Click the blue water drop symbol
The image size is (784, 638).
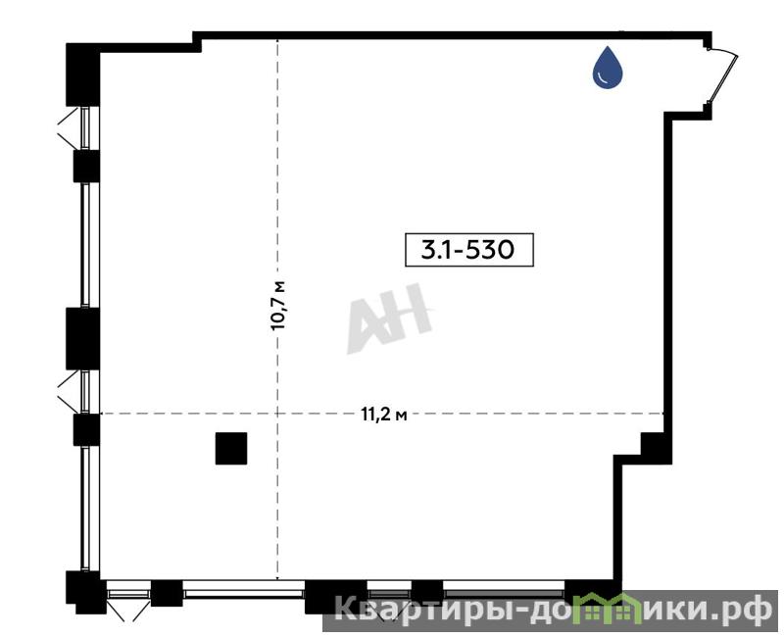(608, 68)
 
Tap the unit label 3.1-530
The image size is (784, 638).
(469, 249)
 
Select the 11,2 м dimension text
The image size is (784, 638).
(383, 415)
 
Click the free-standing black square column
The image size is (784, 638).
(231, 449)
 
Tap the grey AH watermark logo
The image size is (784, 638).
(389, 319)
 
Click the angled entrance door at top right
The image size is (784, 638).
(722, 74)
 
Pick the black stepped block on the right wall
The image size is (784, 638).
(656, 449)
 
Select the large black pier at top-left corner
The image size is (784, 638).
(83, 74)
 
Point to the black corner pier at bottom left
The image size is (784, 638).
(85, 593)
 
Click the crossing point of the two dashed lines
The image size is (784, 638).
(277, 414)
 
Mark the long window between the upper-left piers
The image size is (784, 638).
(85, 245)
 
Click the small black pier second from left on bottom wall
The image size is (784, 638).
(167, 593)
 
